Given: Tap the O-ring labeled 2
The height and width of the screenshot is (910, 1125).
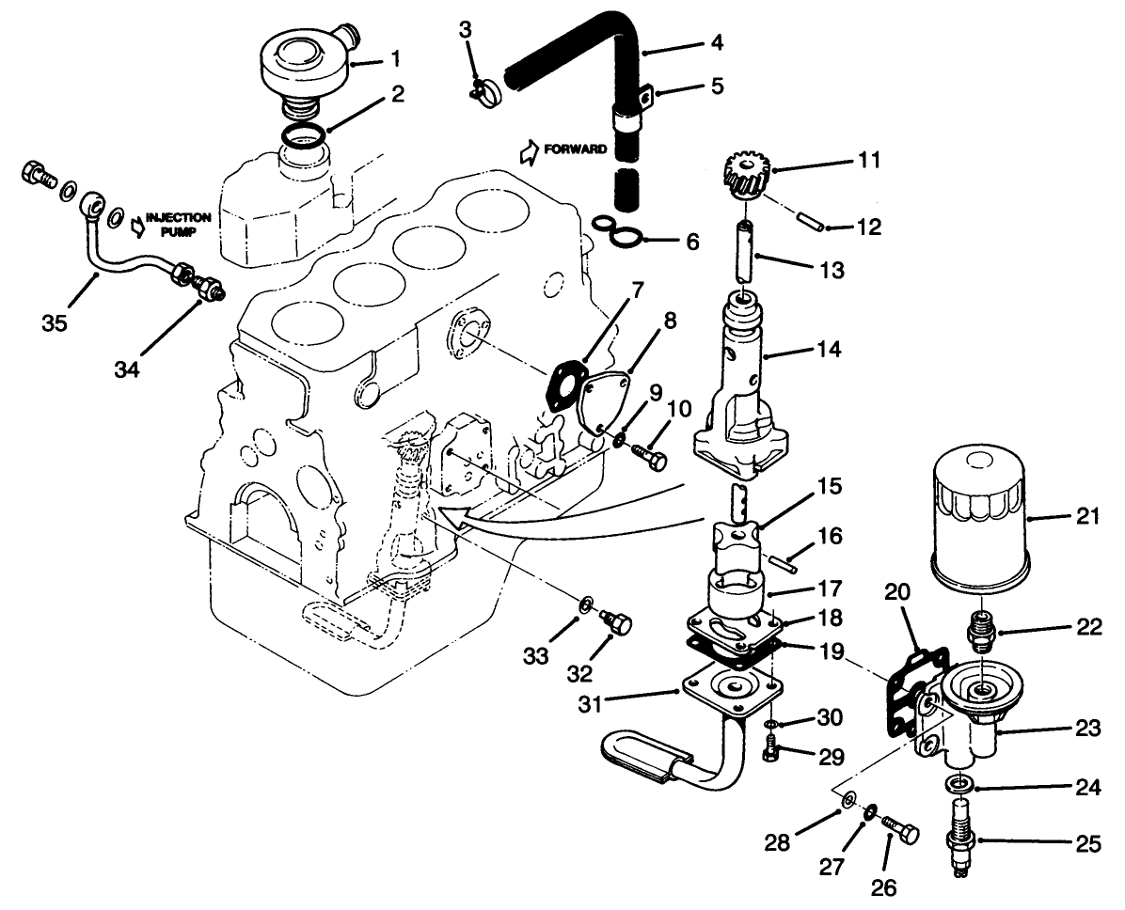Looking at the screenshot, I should [306, 136].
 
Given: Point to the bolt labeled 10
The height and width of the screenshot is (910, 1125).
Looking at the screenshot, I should [647, 457].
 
